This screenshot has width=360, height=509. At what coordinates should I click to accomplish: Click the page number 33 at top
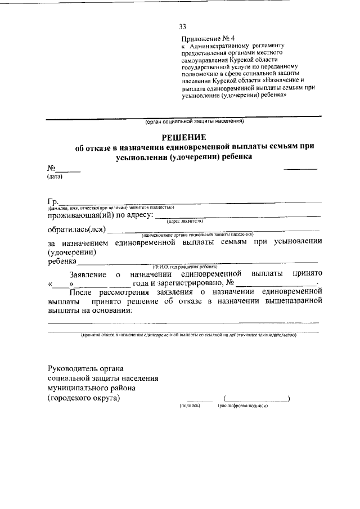pos(182,26)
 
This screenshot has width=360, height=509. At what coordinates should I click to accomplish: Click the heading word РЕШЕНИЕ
pos(184,137)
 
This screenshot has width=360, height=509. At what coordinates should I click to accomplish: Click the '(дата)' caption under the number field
pos(55,176)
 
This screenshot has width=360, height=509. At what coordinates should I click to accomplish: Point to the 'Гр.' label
pos(52,202)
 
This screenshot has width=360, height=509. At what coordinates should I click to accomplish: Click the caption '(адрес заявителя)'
pos(184,222)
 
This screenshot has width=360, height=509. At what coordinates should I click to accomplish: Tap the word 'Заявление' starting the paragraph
pos(88,274)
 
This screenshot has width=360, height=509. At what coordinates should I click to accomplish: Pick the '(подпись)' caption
pos(190,405)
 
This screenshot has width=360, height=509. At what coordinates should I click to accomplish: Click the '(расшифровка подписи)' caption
pos(243,405)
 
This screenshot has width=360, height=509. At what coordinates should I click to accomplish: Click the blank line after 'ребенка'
pos(197,260)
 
